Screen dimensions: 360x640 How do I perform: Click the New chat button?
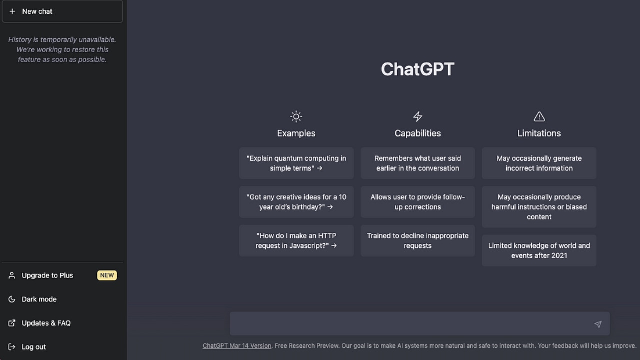tap(62, 11)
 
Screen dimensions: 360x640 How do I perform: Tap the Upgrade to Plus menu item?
tap(47, 275)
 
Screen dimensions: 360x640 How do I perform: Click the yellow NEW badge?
tap(107, 275)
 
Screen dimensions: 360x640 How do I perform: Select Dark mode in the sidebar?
tap(39, 299)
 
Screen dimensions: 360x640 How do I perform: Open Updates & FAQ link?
tap(46, 323)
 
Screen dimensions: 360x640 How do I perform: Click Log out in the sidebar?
tap(33, 347)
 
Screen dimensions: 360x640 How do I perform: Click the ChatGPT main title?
tap(417, 69)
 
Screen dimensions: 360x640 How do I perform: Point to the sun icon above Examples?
tap(296, 117)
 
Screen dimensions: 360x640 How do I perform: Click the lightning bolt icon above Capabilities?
tap(418, 117)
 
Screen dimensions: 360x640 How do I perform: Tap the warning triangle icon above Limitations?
tap(539, 117)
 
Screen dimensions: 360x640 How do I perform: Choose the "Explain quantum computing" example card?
tap(296, 163)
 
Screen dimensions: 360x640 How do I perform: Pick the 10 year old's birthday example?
tap(296, 202)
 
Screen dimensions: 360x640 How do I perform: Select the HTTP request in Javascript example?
tap(296, 241)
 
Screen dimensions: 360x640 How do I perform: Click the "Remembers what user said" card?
tap(418, 163)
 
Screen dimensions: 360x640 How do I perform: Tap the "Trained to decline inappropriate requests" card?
tap(418, 241)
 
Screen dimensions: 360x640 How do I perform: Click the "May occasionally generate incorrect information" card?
tap(539, 163)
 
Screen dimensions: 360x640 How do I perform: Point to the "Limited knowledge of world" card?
tap(539, 250)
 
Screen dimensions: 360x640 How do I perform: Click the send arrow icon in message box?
tap(598, 324)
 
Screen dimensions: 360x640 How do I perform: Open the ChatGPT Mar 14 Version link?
tap(237, 346)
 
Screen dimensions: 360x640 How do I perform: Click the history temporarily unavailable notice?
tap(62, 49)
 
